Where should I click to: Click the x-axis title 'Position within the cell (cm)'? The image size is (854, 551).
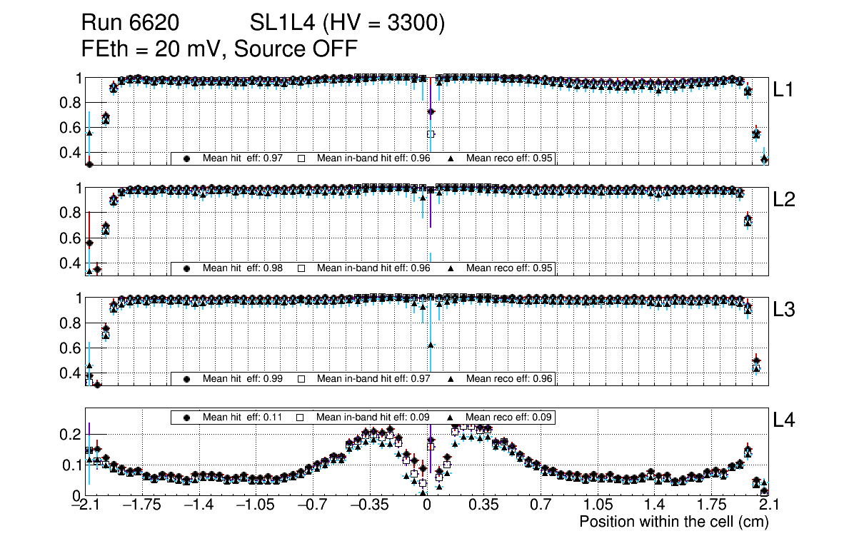(x=673, y=522)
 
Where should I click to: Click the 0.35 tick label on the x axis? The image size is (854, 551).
(x=483, y=505)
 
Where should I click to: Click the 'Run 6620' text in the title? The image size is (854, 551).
(x=130, y=24)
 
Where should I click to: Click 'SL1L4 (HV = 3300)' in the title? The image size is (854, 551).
(x=348, y=24)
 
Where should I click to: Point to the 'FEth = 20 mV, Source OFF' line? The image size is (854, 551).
(x=219, y=49)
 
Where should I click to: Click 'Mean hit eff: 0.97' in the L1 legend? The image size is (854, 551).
(x=236, y=158)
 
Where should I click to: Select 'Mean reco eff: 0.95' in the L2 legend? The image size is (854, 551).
(x=510, y=268)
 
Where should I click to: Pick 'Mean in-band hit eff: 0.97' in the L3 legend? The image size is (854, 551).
(x=373, y=378)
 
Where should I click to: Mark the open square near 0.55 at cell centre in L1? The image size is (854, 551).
(x=431, y=134)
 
